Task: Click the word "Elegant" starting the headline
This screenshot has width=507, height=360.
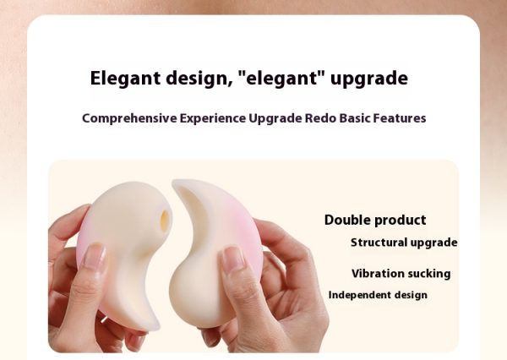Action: tap(125, 79)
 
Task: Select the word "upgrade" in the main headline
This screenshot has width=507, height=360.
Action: tap(369, 79)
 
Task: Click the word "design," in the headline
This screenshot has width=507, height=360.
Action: tap(199, 79)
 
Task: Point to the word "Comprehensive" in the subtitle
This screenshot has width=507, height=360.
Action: tap(129, 118)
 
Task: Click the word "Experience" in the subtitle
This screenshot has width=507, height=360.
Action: tap(213, 118)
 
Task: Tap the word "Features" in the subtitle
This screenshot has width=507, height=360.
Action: tap(400, 118)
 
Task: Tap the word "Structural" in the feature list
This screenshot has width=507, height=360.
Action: tap(379, 243)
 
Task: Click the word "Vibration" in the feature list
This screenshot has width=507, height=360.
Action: tap(373, 274)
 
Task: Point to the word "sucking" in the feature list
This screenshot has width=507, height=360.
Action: tap(424, 274)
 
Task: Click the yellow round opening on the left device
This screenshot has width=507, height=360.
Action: tap(165, 221)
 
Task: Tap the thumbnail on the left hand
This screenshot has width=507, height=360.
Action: tap(94, 256)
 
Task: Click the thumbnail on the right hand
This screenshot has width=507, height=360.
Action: tap(232, 259)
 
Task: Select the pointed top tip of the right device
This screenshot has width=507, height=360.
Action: tap(175, 183)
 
